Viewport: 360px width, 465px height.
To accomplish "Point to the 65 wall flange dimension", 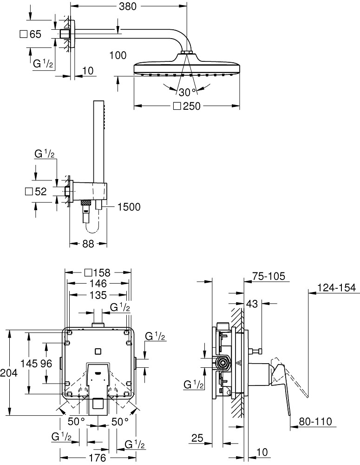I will pyautogui.click(x=35, y=34).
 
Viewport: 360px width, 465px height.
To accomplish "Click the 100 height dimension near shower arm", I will pyautogui.click(x=118, y=56).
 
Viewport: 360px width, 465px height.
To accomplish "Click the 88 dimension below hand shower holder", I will pyautogui.click(x=87, y=243).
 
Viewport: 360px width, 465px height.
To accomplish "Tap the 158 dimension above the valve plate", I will pyautogui.click(x=101, y=272).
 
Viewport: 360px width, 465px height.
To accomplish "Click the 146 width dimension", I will pyautogui.click(x=98, y=284).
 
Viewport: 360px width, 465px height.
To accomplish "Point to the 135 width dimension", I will pyautogui.click(x=98, y=295).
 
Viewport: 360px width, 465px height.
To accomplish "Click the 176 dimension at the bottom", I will pyautogui.click(x=98, y=458).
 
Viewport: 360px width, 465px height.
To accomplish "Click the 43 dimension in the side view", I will pyautogui.click(x=252, y=304).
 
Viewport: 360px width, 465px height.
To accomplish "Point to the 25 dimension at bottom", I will pyautogui.click(x=197, y=438).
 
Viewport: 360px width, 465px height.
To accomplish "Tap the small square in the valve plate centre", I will pyautogui.click(x=98, y=352).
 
